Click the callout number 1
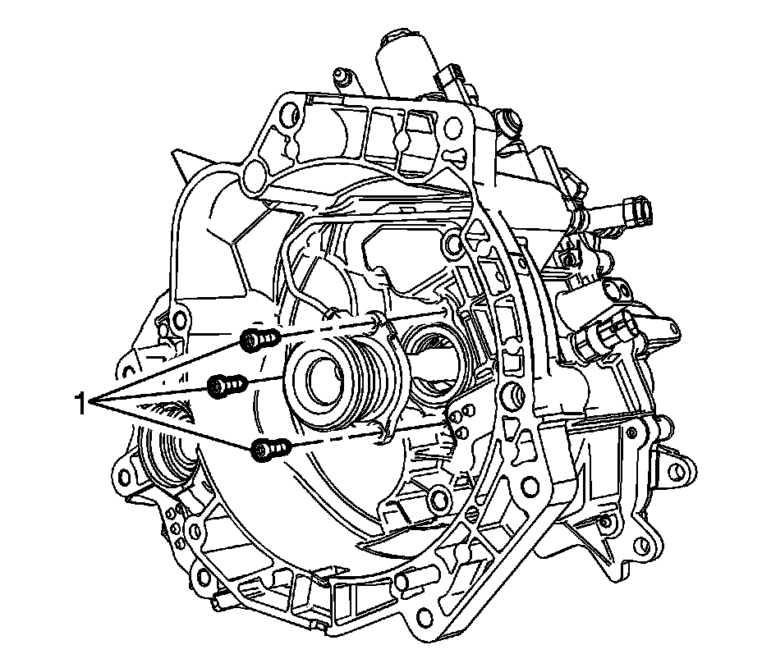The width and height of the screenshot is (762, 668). pos(80,404)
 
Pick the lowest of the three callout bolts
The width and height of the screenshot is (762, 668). pos(270,448)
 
